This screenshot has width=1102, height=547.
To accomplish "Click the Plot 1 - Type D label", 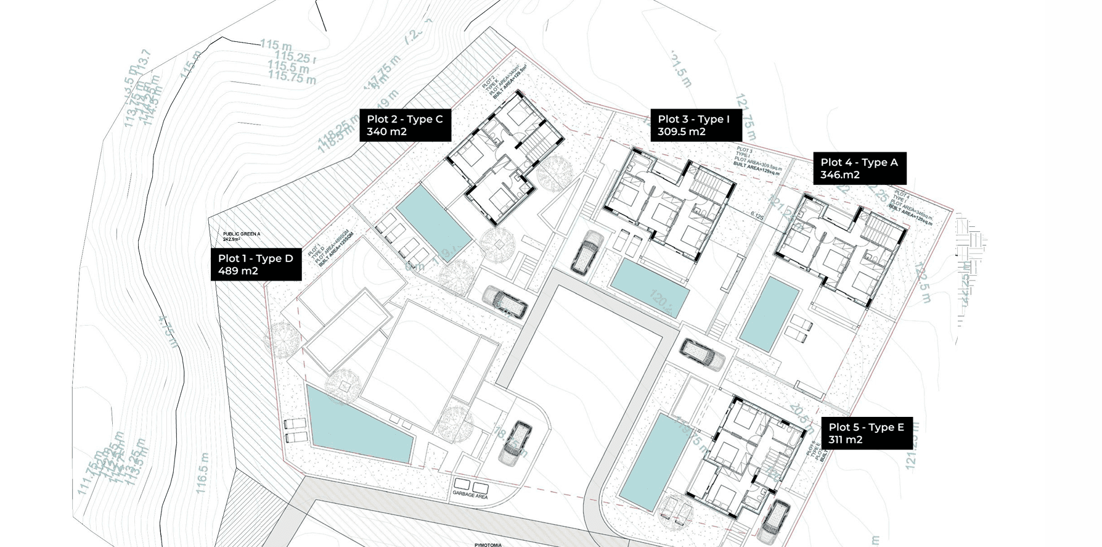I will click(256, 265).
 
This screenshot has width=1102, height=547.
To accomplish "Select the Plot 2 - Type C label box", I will click(405, 125).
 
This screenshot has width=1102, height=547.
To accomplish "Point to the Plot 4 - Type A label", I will click(859, 168).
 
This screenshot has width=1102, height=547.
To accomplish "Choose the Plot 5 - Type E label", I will click(867, 433).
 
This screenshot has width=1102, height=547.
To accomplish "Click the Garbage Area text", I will click(470, 495).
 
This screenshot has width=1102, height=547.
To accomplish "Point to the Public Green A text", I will click(242, 234).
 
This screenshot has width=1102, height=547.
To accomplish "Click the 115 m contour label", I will click(275, 45).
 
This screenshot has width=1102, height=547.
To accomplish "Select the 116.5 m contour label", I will click(202, 473).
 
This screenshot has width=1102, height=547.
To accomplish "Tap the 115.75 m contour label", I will click(292, 78).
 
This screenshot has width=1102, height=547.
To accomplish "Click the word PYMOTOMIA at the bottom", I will click(488, 545).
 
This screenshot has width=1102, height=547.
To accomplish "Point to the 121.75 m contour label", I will click(745, 117).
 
